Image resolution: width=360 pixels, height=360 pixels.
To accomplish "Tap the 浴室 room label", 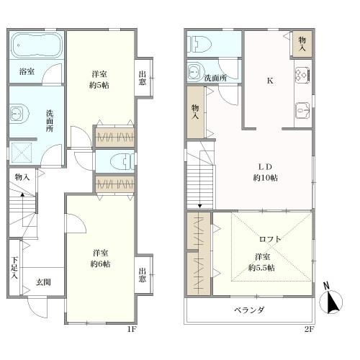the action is tap(27, 71).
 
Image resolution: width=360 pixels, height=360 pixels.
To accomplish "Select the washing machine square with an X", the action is tap(22, 153).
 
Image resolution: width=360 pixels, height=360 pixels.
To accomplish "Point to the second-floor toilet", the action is tap(199, 44).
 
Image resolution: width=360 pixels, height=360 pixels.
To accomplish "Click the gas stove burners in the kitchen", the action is tap(302, 75).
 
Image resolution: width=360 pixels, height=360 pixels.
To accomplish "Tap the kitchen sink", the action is tap(302, 110).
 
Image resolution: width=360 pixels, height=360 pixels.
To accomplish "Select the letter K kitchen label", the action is tap(270, 81).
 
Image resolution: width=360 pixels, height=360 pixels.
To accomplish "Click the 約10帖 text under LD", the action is tap(266, 178).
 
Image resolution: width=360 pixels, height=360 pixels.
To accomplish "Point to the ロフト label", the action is tap(270, 239).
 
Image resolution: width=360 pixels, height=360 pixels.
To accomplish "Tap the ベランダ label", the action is tap(249, 310).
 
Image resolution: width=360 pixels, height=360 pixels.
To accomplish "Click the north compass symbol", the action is tap(331, 300).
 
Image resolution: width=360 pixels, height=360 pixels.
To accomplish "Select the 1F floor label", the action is tap(132, 329).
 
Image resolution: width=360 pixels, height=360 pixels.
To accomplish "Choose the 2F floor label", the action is tap(310, 329).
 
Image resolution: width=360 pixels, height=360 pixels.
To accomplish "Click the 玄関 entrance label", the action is tap(43, 282).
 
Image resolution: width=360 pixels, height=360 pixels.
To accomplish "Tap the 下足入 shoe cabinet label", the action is tap(14, 268).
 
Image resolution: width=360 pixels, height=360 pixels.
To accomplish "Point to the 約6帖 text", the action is tap(100, 264).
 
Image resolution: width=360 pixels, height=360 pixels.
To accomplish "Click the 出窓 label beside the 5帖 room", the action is tap(143, 78).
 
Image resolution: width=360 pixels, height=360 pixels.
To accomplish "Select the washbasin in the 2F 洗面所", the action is tap(197, 71).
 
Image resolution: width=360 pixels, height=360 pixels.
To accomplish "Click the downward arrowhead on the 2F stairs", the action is tap(199, 206).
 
